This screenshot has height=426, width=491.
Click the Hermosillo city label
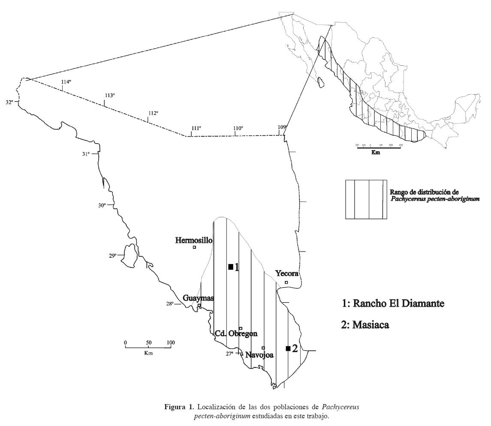coord(194,240)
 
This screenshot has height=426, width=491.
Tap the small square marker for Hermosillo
coord(194,247)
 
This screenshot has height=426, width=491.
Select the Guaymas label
coord(198,298)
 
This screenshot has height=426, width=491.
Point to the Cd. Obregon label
coord(235,334)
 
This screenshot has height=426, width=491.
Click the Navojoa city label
coord(259,355)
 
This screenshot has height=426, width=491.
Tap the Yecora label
coord(287,274)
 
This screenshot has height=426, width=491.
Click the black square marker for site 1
coord(231,267)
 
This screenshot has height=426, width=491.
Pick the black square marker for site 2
coord(288,348)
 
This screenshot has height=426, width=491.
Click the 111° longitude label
coord(196,128)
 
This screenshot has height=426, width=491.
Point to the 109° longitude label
coord(282,127)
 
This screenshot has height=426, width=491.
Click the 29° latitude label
coord(112,256)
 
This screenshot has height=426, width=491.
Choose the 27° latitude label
coord(230,353)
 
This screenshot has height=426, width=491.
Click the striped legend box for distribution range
coord(366,199)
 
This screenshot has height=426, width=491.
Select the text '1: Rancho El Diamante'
coord(392,304)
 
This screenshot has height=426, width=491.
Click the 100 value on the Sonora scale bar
coord(171,342)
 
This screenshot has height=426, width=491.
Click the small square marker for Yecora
coord(286,283)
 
